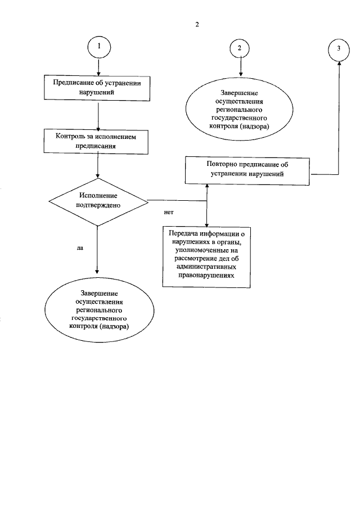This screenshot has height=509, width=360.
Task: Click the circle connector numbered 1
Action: point(99,48)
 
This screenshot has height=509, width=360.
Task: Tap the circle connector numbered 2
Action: point(240,48)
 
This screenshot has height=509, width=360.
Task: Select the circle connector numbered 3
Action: point(339,48)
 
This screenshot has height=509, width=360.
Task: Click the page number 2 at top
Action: point(197,24)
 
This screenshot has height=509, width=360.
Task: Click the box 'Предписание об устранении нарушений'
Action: point(98,88)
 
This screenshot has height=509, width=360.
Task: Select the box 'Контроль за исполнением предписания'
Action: point(97,141)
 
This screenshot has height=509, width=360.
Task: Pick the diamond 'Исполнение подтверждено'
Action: point(98,200)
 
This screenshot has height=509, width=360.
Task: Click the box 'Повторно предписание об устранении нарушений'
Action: point(247,170)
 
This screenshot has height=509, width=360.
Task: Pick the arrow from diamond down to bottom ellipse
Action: point(98,250)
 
